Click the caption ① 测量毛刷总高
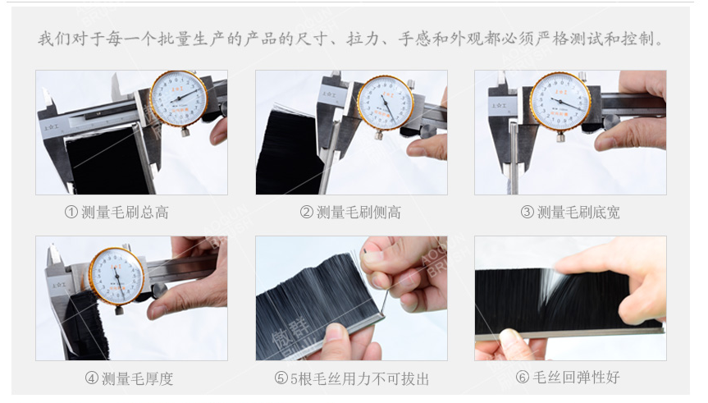click(x=116, y=213)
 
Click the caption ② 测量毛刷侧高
click(x=350, y=213)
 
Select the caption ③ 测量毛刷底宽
click(x=570, y=213)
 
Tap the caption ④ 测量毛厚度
click(x=129, y=378)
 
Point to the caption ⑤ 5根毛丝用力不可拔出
click(x=351, y=378)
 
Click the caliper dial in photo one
click(x=179, y=98)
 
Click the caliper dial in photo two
click(x=385, y=102)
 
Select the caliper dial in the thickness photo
click(x=116, y=276)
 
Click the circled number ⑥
click(x=523, y=378)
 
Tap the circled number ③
click(x=527, y=213)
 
